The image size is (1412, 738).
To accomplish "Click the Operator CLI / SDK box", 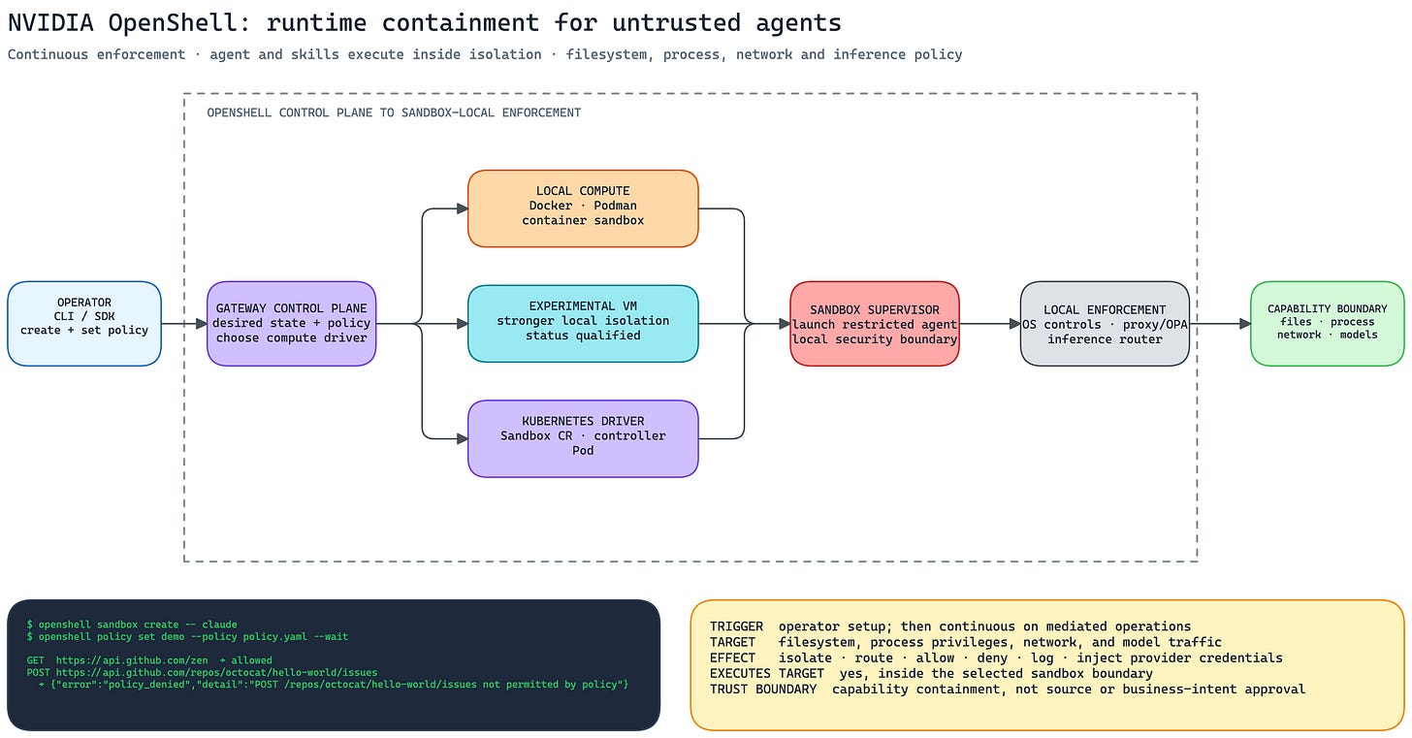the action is (x=84, y=324).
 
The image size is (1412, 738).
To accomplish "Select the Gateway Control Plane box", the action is (x=291, y=324).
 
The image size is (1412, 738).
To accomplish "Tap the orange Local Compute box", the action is (x=583, y=209).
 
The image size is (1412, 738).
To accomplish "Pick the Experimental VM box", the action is (x=583, y=324).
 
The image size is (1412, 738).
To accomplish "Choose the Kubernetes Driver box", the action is (x=583, y=438).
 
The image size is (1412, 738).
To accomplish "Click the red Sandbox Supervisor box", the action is (x=875, y=324).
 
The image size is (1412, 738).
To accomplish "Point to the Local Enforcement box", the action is (x=1105, y=324).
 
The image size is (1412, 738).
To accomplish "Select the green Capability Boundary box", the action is (x=1328, y=324).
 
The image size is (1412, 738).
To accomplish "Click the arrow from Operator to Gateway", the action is (x=184, y=324).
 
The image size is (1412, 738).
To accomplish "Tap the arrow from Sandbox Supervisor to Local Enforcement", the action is (x=989, y=324).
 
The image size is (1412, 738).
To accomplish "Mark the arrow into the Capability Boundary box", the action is (x=1220, y=324).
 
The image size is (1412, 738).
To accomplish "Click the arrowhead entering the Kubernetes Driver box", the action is (x=462, y=438).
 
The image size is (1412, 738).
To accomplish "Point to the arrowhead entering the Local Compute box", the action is (x=462, y=209).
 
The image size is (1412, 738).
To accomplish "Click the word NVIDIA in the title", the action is (x=50, y=23).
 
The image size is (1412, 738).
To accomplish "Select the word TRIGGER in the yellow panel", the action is (x=736, y=626).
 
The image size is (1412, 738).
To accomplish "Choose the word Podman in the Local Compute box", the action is (x=615, y=207).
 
